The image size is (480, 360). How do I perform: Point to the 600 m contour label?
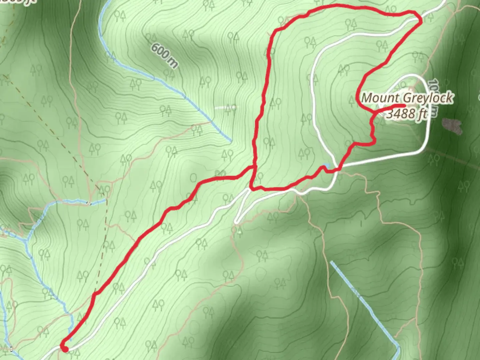coord(164,55)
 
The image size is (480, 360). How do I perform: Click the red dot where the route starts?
coord(65,349)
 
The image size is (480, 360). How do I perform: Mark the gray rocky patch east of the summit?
coord(452,126)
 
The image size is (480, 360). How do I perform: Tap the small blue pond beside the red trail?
coord(326,166)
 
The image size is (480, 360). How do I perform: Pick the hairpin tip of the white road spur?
coord(236,221)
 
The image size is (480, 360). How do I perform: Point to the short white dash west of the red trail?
coord(226,107)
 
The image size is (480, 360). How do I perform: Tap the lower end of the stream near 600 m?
coord(230,140)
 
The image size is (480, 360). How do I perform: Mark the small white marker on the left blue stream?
coord(89,203)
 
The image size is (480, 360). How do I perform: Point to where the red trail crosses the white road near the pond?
coord(339,169)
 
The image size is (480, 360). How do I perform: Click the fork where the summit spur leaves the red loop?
coord(375,114)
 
